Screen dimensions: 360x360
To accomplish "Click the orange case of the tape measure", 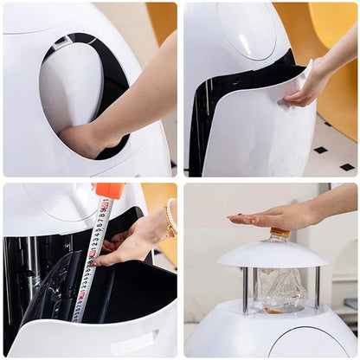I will pyautogui.click(x=110, y=190).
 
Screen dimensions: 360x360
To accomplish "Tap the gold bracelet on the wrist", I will pyautogui.click(x=170, y=218).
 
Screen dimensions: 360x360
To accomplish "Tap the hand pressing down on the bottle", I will pyautogui.click(x=273, y=216).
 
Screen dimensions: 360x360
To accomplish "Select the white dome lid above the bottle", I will pyautogui.click(x=272, y=254).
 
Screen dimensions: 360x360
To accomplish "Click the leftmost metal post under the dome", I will pyautogui.click(x=246, y=289).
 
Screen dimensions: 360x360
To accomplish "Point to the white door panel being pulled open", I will pyautogui.click(x=260, y=130).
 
